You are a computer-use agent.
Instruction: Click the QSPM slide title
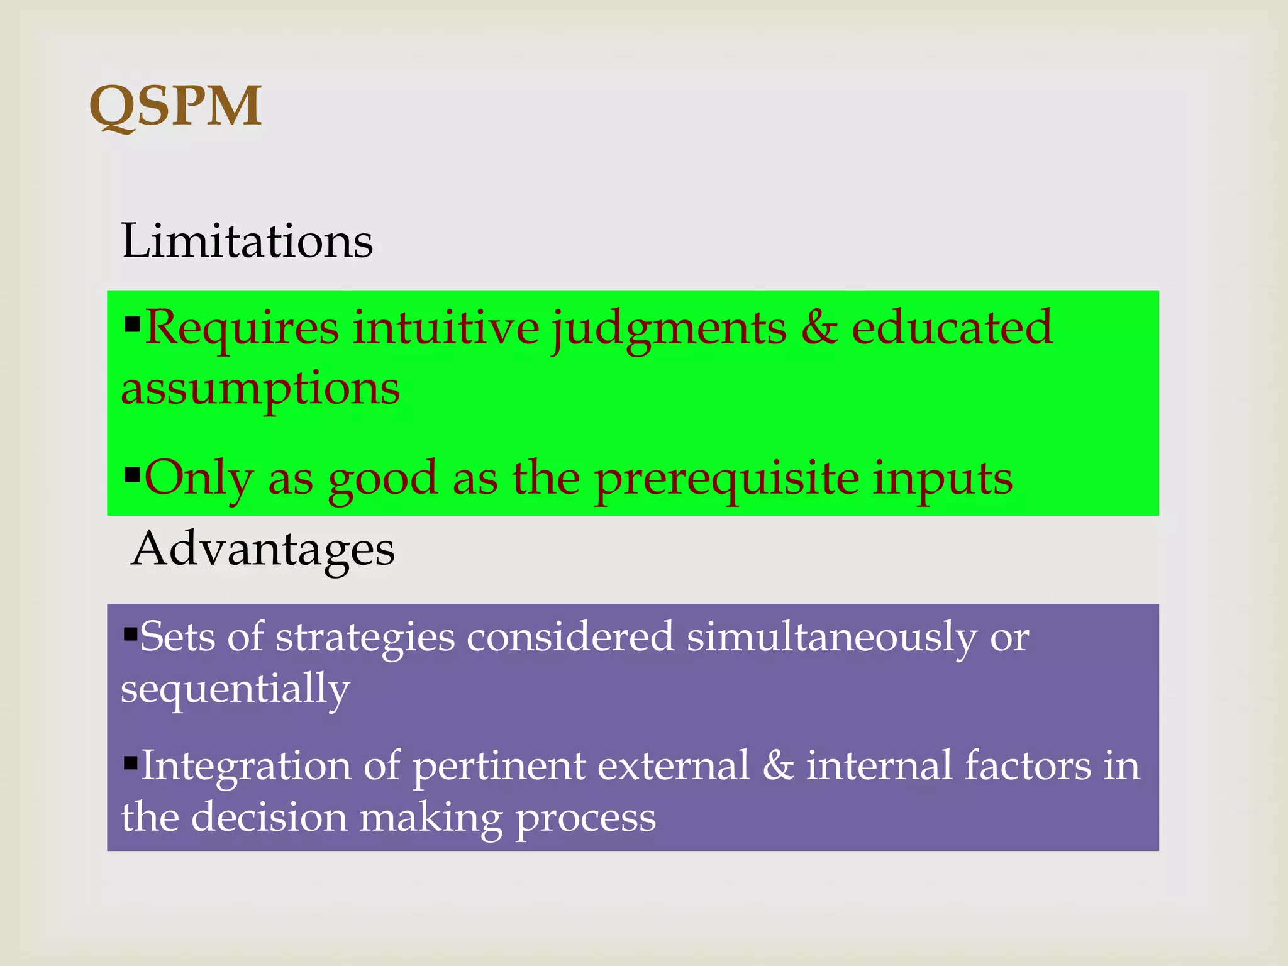(175, 106)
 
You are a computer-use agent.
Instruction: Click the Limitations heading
(247, 241)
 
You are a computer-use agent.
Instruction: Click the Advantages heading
(263, 548)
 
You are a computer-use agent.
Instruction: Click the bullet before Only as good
(132, 473)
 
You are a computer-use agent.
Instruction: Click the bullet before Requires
(132, 324)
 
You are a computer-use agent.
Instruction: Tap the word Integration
(246, 767)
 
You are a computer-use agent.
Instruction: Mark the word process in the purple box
(586, 818)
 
